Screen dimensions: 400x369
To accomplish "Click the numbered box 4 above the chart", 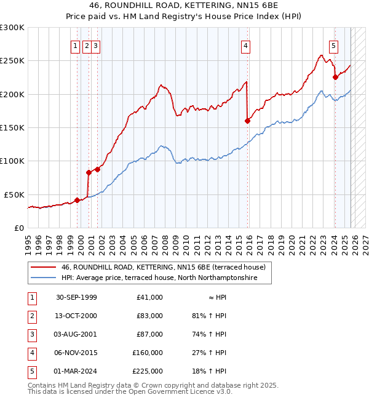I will tap(245, 45).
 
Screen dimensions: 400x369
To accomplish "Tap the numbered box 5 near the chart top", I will tap(333, 45).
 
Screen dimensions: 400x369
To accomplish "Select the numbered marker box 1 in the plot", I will tap(75, 45).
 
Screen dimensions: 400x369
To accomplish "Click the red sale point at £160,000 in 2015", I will tap(248, 121).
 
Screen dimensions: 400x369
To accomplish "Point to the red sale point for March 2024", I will tap(335, 77).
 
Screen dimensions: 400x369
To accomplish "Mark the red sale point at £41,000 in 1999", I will tap(77, 199).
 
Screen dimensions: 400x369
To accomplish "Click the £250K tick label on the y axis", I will tap(12, 61).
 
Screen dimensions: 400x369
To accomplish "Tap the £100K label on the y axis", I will tap(12, 161).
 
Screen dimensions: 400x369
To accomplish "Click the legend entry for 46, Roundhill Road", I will tap(163, 267).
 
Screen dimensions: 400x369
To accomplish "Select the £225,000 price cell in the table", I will tap(148, 371).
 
